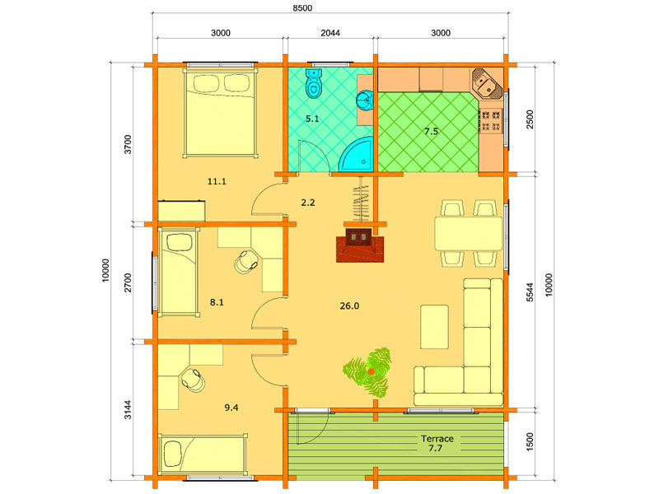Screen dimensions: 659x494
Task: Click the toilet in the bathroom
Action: [x=313, y=83]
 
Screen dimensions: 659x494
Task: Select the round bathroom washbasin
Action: [x=365, y=100]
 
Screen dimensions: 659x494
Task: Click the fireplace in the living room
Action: [x=360, y=245]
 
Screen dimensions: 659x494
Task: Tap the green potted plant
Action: [x=368, y=372]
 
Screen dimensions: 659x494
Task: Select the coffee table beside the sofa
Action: [x=435, y=327]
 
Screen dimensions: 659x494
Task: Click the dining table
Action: [x=468, y=233]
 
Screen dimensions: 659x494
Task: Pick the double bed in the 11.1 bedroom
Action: [x=220, y=113]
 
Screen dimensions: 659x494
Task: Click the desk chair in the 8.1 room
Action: [x=245, y=262]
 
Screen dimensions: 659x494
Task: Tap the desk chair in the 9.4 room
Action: [x=194, y=380]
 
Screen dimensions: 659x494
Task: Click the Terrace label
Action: [x=437, y=439]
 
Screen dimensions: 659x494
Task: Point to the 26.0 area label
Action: [x=349, y=305]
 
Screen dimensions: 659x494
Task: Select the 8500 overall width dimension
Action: [x=302, y=8]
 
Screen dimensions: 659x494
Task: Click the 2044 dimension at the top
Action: [x=330, y=33]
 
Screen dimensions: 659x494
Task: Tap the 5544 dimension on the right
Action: [x=530, y=292]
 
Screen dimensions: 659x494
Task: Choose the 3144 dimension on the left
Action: [x=128, y=409]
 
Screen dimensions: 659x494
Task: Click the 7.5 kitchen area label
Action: [x=431, y=132]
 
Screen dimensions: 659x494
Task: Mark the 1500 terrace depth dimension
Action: [x=530, y=442]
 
